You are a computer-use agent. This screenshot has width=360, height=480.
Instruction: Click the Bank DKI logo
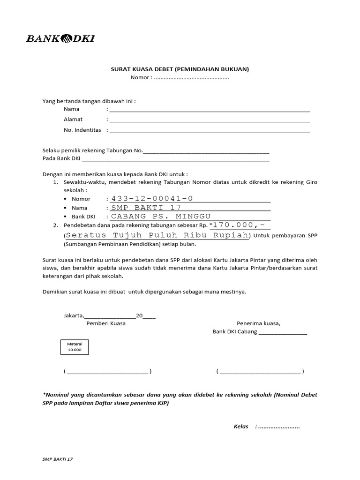click(x=60, y=38)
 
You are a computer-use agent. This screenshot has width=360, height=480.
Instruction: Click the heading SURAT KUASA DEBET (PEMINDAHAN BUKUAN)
click(x=180, y=69)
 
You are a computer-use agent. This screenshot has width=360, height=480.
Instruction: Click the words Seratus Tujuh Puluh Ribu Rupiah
click(x=156, y=235)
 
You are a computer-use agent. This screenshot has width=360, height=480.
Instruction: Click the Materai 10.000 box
click(x=75, y=347)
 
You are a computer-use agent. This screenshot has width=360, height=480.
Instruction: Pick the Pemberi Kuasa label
click(x=106, y=323)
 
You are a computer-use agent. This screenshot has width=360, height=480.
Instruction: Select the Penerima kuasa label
click(x=258, y=323)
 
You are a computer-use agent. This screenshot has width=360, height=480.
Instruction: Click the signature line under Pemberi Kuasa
click(x=108, y=372)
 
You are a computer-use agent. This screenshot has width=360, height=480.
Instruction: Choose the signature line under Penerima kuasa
click(x=260, y=372)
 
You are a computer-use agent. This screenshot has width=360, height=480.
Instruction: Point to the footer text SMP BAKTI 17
click(x=58, y=459)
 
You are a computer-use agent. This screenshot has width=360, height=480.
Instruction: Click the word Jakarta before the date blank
click(x=74, y=315)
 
